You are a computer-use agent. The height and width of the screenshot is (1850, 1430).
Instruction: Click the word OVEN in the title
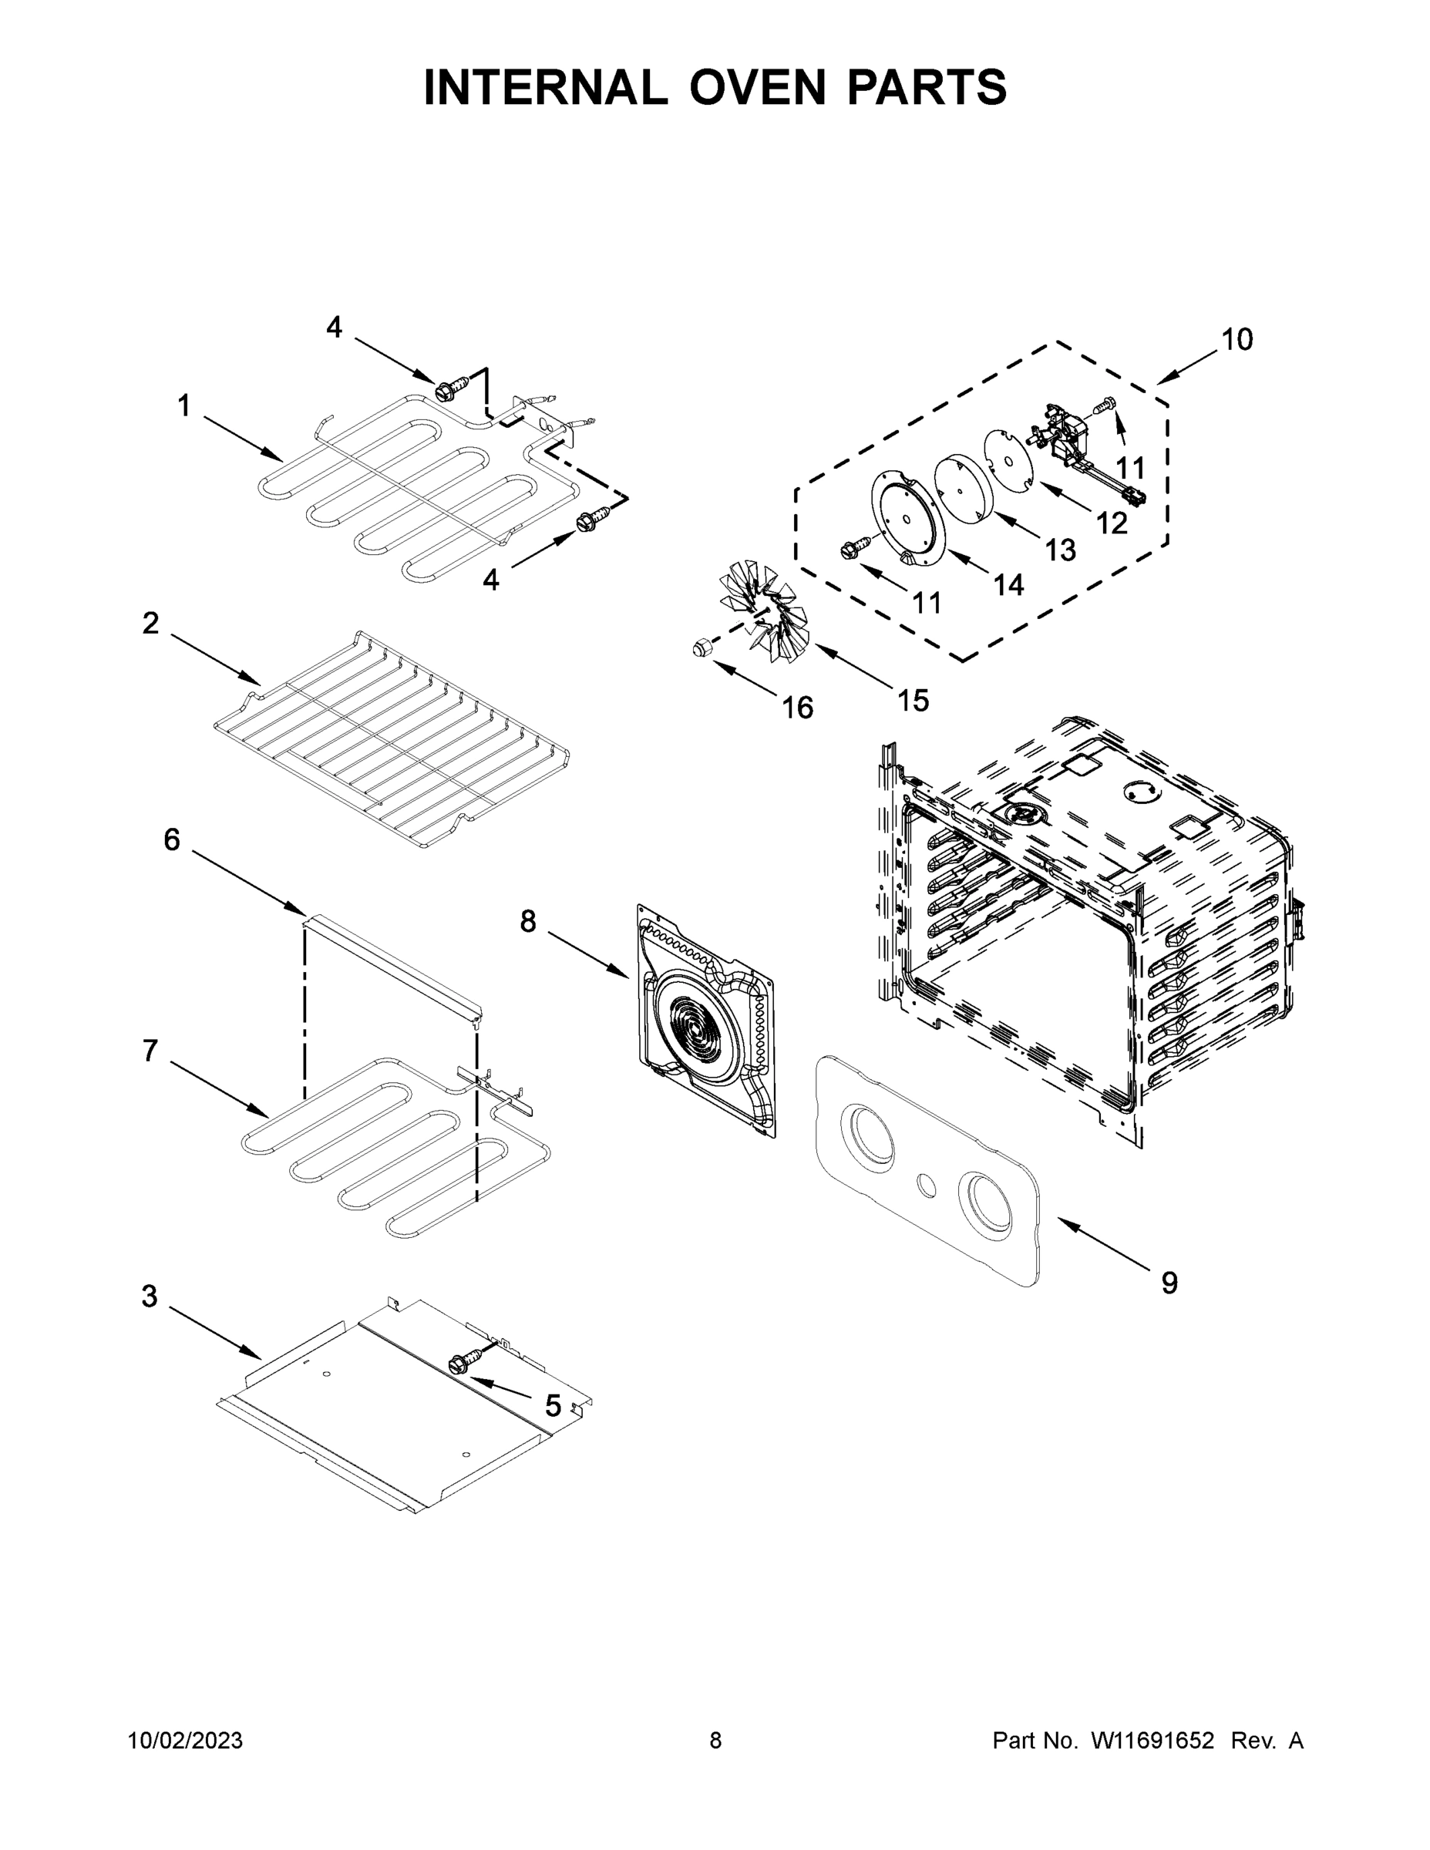point(755,87)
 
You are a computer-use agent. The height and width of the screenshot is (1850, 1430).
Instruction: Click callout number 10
point(1236,340)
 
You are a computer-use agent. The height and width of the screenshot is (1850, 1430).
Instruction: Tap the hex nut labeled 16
point(700,650)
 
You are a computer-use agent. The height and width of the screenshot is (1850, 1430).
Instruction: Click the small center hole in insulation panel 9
point(927,1185)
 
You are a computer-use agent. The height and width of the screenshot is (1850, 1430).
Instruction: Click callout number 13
point(1060,550)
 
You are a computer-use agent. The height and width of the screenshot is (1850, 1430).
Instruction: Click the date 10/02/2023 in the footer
point(185,1741)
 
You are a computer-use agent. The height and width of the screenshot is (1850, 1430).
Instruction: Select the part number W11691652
point(1152,1741)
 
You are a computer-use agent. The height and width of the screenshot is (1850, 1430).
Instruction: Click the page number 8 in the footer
point(715,1741)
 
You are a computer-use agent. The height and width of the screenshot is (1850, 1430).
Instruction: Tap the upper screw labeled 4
point(445,392)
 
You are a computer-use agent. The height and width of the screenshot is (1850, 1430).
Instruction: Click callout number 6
point(172,840)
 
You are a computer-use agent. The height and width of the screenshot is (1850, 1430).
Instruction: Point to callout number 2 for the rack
point(151,624)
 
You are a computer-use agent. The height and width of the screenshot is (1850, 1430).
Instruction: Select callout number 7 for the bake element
point(151,1051)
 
